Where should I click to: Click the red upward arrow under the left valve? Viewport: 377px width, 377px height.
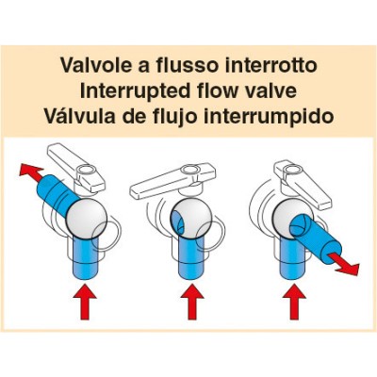[85, 302]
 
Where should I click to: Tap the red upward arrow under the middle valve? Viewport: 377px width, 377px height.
[192, 302]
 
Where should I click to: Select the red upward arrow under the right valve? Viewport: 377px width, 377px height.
[294, 302]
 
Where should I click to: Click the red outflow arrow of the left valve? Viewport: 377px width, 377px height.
[31, 172]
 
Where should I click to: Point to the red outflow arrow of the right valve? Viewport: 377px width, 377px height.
[345, 264]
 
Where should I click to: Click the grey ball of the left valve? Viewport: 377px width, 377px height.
[87, 218]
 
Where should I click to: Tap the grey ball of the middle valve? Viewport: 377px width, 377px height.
[190, 218]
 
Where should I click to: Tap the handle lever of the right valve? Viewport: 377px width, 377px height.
[303, 186]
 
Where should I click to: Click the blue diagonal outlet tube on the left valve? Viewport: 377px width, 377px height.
[57, 194]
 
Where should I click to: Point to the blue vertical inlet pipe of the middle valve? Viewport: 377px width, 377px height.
[192, 258]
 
